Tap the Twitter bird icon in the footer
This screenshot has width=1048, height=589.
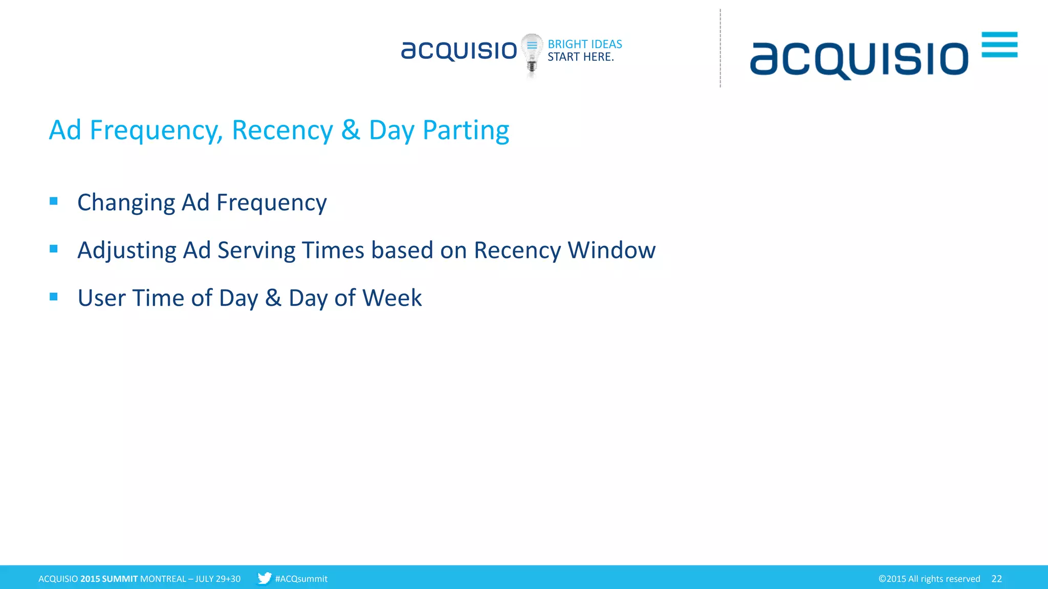(x=264, y=578)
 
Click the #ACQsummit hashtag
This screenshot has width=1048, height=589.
(x=301, y=579)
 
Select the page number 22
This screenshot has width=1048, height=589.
(x=996, y=579)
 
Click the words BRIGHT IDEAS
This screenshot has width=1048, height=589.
(x=584, y=44)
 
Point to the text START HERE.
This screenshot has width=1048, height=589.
(x=580, y=57)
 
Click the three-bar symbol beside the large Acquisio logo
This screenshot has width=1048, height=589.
(x=999, y=44)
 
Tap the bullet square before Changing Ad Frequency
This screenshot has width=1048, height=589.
(x=54, y=201)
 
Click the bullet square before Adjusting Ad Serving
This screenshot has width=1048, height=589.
(x=54, y=249)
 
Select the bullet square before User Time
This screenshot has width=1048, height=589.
(x=54, y=297)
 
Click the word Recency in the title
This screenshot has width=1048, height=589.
(x=282, y=130)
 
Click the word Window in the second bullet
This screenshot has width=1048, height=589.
(x=612, y=251)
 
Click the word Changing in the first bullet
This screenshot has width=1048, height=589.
(x=126, y=203)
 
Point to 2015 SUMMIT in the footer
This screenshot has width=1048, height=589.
(x=109, y=579)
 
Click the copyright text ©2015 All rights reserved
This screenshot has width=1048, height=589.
(x=929, y=579)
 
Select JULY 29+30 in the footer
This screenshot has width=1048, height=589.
(x=217, y=579)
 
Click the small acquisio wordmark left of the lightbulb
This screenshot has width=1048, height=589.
(x=458, y=51)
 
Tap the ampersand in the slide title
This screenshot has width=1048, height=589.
(x=351, y=130)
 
